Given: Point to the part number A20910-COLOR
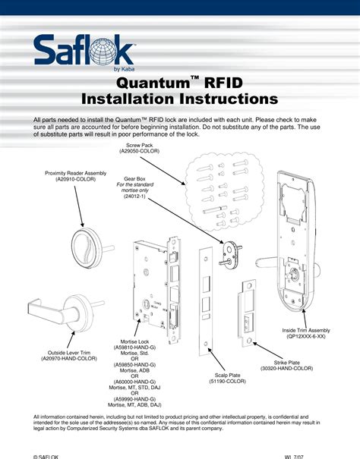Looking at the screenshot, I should click(x=75, y=179).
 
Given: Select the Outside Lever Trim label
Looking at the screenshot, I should click(x=69, y=352).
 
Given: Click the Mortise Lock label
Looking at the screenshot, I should click(x=134, y=343).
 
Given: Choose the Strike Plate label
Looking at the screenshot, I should click(x=286, y=363).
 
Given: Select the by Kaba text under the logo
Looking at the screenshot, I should click(x=125, y=69).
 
